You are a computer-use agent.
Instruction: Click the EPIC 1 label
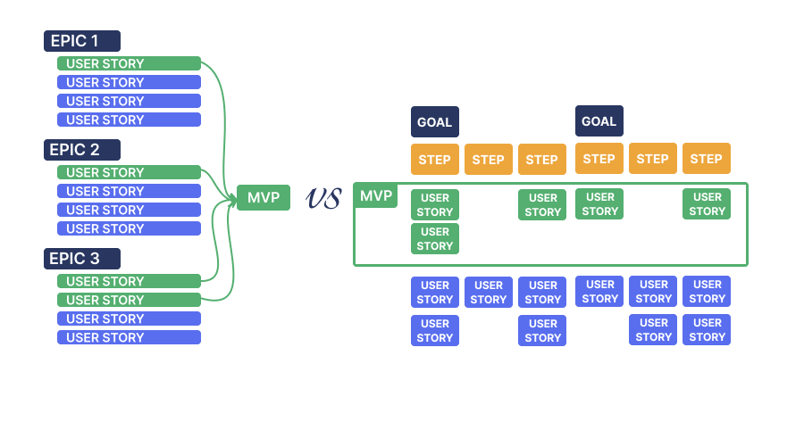click(82, 41)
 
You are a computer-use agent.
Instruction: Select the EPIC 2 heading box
click(82, 150)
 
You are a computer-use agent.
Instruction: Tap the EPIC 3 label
click(82, 259)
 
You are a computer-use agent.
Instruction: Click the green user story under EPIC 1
click(129, 63)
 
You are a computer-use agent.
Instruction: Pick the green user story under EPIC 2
click(129, 172)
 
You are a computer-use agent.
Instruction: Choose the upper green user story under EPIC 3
click(129, 281)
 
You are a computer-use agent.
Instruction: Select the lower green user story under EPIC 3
click(129, 300)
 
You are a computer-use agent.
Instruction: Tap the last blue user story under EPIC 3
click(129, 337)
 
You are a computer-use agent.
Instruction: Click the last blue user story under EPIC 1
click(129, 120)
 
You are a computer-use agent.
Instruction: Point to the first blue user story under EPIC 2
click(129, 191)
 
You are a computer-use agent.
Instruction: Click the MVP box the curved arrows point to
click(264, 197)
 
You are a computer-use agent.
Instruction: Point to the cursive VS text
click(322, 198)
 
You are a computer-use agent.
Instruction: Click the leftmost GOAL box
click(435, 122)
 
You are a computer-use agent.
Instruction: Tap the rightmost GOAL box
click(599, 121)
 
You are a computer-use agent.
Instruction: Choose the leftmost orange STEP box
click(435, 160)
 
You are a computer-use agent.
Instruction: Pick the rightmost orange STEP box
click(707, 159)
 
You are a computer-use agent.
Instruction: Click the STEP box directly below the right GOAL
click(599, 159)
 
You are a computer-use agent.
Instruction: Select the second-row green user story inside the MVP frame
click(435, 239)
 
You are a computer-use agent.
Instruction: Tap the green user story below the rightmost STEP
click(707, 204)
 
